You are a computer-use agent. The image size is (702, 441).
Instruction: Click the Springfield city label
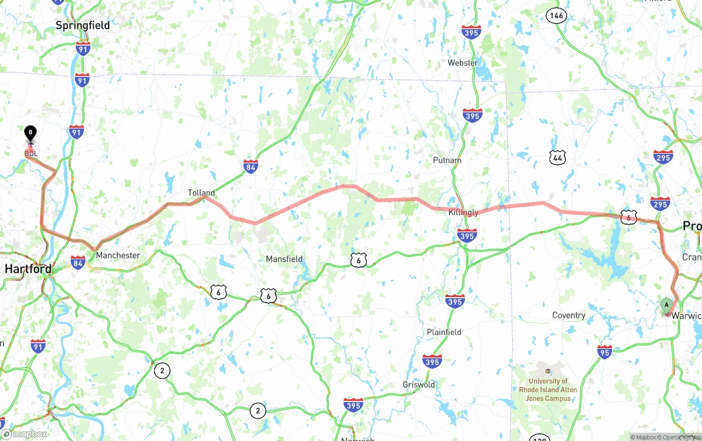point(83,25)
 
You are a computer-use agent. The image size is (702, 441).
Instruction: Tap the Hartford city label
point(28,269)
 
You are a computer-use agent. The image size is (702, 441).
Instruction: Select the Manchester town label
point(118,255)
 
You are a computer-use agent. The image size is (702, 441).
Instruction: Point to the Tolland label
point(201,193)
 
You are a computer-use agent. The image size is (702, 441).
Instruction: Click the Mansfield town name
point(284,259)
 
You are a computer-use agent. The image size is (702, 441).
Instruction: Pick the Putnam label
point(447,160)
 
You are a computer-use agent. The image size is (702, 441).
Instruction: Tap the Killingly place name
point(463,213)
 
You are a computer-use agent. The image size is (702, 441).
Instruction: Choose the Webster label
point(462,63)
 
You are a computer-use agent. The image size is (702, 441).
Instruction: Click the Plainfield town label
point(444,332)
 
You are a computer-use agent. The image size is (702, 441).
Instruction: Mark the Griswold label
point(418,384)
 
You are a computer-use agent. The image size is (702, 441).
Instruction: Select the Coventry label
point(569,315)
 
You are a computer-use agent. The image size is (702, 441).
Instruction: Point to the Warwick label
point(686,316)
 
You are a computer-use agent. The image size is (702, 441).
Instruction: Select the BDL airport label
point(31,153)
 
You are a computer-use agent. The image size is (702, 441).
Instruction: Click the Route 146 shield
point(556,15)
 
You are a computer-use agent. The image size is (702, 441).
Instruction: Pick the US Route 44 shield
point(557,158)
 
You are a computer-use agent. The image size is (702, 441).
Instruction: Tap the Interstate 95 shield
point(604,351)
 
